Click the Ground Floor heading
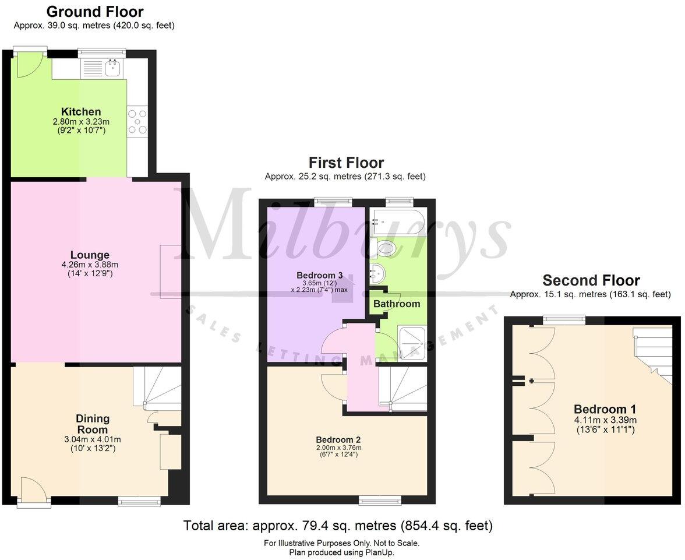point(94,11)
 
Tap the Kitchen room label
point(81,112)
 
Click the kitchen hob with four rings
point(137,122)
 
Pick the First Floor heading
point(346,162)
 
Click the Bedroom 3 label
point(319,275)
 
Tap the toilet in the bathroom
point(385,249)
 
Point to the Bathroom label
point(396,304)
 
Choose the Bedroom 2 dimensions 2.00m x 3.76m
point(338,448)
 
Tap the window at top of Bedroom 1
point(564,319)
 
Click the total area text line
point(338,526)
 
